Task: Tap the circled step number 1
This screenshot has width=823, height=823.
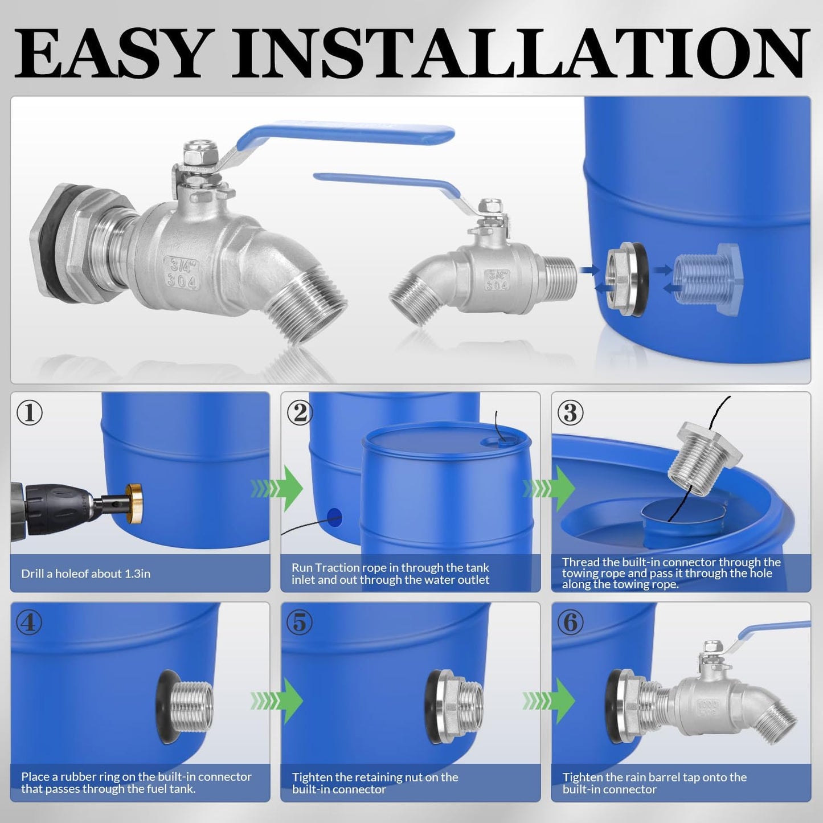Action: click(x=30, y=412)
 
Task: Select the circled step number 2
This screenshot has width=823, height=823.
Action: click(x=300, y=412)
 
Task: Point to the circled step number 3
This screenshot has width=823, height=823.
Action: click(x=571, y=412)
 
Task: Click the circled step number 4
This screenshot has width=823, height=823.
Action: click(x=30, y=623)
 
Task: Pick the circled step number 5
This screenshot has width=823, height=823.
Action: click(x=300, y=623)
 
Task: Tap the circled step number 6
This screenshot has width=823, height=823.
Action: click(x=571, y=623)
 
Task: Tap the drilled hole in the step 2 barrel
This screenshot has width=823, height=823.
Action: click(x=334, y=517)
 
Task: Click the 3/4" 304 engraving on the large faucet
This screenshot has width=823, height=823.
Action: click(x=182, y=273)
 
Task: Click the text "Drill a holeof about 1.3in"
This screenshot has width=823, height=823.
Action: click(x=85, y=574)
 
